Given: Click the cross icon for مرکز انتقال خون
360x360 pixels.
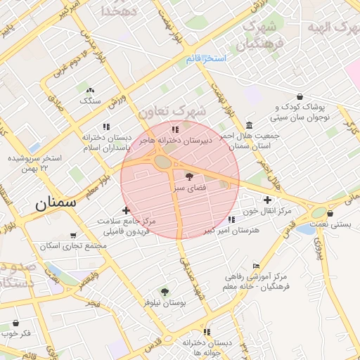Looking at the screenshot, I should coord(267,200).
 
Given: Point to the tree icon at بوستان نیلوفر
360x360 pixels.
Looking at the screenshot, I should coord(165,291).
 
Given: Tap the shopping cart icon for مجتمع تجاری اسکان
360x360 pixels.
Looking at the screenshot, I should coord(75,236).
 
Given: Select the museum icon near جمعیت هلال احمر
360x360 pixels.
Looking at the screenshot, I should coord(250,124).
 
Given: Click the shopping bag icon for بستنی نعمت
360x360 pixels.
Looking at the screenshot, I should coord(330,214).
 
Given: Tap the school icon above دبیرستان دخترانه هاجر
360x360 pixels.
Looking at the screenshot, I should coord(175,129).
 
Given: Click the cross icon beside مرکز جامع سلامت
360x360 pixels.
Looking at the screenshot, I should coord(126,210).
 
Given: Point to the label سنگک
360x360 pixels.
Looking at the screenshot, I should coord(90,101).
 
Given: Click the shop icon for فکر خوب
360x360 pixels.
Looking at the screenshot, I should coord(16,323).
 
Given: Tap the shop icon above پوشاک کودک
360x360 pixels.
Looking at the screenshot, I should coord(300,96).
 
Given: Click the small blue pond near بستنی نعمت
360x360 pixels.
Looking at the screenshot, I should coord(307,229).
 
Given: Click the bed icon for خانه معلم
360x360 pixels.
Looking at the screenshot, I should coord(255,266).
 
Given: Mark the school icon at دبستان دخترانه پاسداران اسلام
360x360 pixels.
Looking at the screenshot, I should coord(107,127).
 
